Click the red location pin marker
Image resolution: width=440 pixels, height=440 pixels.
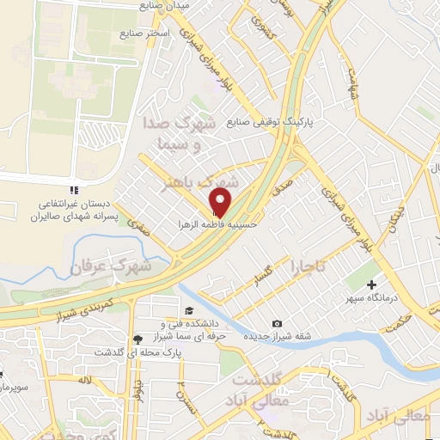221,203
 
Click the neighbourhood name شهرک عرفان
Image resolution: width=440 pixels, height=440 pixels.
113,266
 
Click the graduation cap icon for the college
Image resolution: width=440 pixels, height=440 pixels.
187,310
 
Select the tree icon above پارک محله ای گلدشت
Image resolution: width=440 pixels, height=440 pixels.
139,339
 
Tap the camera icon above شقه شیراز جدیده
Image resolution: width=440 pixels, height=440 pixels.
277,323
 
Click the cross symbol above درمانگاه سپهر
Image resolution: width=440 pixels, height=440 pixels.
371,284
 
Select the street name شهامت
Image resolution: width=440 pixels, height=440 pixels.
351,82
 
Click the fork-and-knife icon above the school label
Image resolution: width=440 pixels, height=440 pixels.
75,189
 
